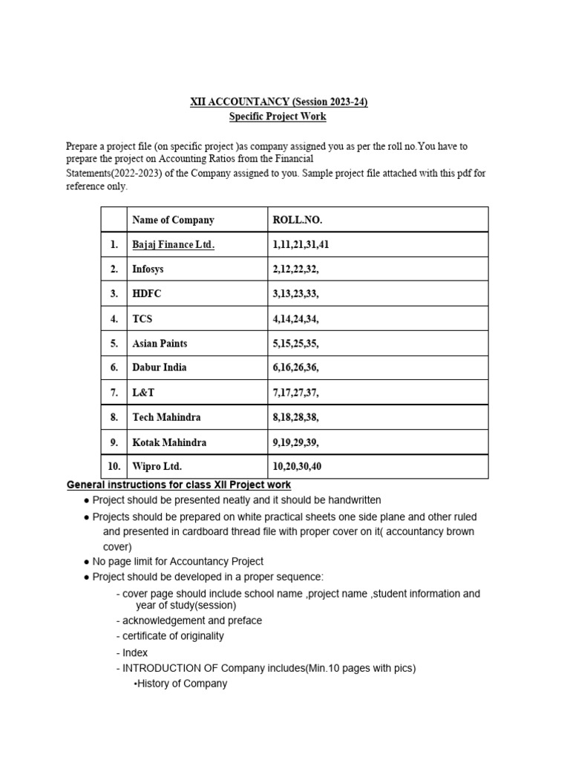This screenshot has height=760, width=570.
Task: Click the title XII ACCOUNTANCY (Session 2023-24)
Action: click(x=278, y=102)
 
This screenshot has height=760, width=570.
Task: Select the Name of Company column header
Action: click(x=173, y=220)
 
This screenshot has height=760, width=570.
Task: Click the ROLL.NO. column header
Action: click(x=298, y=220)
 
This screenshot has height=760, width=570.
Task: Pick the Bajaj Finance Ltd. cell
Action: click(x=173, y=245)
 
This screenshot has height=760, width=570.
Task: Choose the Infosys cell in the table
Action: click(x=148, y=269)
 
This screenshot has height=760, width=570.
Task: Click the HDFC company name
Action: click(x=146, y=294)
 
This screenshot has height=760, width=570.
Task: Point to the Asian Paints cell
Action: click(x=160, y=344)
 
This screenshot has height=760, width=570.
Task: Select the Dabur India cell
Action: click(x=159, y=367)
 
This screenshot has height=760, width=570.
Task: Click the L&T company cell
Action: click(x=143, y=392)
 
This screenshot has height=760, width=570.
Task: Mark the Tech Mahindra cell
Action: click(x=166, y=417)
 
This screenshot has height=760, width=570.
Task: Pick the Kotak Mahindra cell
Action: click(x=169, y=442)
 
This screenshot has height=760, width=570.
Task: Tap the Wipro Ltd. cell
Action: click(x=157, y=467)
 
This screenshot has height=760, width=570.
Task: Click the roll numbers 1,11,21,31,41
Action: click(x=302, y=245)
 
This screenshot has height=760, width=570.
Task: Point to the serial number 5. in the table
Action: click(x=114, y=344)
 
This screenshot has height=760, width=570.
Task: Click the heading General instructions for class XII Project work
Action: click(x=179, y=485)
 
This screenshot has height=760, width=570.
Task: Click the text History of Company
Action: click(x=182, y=684)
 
